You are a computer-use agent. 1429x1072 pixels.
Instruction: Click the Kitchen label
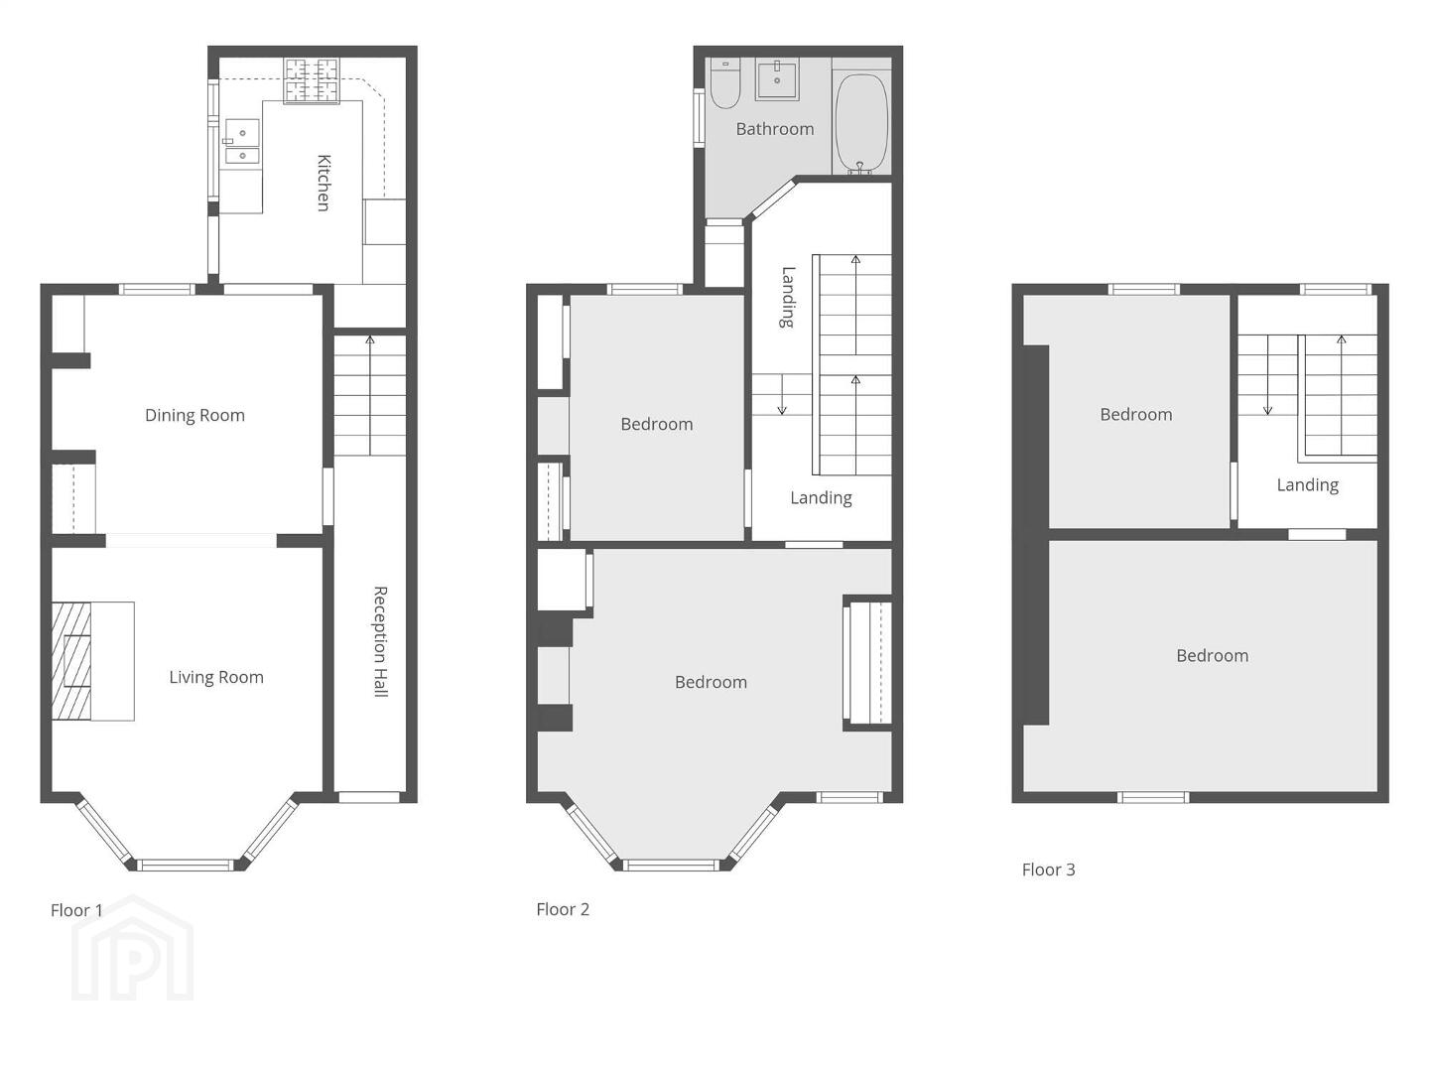coord(324,183)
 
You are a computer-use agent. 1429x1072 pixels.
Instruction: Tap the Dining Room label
coord(195,415)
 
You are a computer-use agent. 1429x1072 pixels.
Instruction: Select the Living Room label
coord(216,678)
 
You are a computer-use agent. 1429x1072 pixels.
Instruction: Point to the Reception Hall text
coord(380,642)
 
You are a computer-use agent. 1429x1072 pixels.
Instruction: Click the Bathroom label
coord(775,129)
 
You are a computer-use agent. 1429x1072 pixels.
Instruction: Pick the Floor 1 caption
coord(76,910)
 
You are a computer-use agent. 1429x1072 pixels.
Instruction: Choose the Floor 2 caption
coord(563,909)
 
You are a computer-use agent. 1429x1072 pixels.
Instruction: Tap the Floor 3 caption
coord(1048,870)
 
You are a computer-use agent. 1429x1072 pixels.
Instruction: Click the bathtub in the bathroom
coord(861,124)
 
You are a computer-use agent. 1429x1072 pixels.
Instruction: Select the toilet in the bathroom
coord(724,82)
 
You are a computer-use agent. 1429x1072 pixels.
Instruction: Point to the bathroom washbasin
coord(777,78)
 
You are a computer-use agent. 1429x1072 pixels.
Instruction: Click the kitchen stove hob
coord(312,80)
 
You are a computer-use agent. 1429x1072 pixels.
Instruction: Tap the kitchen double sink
coord(241,141)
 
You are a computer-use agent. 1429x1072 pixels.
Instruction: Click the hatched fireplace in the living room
coord(71,661)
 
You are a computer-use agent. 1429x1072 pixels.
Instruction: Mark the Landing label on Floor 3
coord(1307,485)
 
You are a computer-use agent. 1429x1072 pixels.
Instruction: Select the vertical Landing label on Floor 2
coord(788,297)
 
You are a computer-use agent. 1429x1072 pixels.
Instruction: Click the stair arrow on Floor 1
coord(370,395)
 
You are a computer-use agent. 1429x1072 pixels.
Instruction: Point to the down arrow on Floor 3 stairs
coord(1267,375)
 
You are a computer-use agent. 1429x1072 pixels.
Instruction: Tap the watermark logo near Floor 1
coord(133,948)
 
